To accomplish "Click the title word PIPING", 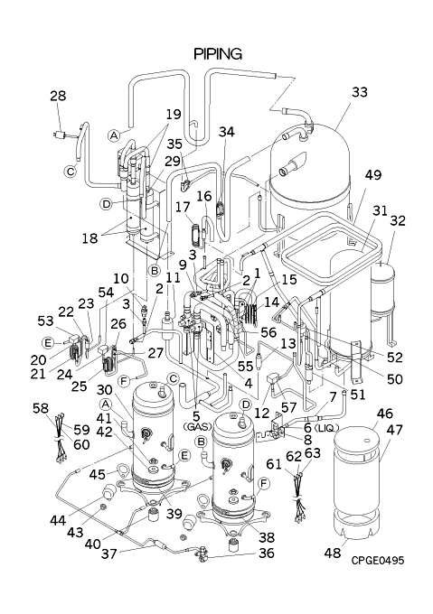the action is pos(218,53).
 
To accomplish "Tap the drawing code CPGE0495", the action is pos(377,561).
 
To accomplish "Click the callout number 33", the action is pos(360,92).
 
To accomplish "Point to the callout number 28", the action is pos(58,96).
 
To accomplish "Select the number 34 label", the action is pos(227,132).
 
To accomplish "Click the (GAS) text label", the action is pos(197,426).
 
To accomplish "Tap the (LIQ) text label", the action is pos(326,428).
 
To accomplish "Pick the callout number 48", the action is pos(333,553).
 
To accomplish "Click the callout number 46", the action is pos(385,414).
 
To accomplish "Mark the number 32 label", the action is pos(398,221).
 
